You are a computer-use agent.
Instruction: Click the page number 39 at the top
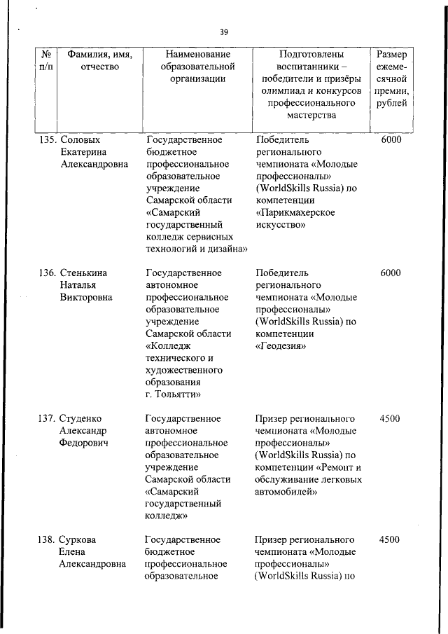pos(223,32)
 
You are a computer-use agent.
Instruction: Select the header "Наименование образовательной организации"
pos(198,67)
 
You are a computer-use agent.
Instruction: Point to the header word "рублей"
pos(391,104)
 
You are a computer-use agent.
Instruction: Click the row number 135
pos(47,139)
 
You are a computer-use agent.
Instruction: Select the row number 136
pos(47,273)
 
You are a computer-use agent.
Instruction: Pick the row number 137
pos(47,419)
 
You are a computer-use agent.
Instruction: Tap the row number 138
pos(47,539)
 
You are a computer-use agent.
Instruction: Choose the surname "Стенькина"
pos(84,273)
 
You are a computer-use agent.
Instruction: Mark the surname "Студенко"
pos(82,419)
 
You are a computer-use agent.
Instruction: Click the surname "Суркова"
pos(78,539)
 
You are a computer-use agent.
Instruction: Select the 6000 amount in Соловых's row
pos(391,139)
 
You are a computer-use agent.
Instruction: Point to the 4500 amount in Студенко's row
pos(389,419)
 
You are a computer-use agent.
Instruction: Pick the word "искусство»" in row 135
pos(281,225)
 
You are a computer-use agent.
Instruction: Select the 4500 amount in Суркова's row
pos(389,539)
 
